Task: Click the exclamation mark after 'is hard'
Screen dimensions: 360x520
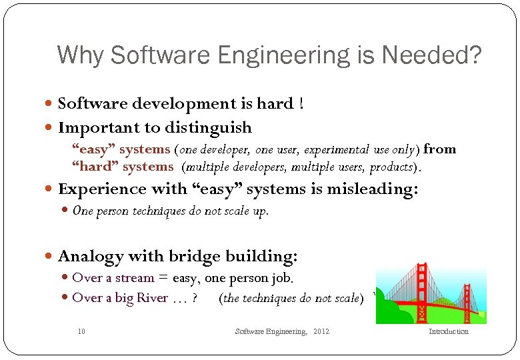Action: (302, 103)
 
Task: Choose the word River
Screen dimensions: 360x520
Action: (152, 298)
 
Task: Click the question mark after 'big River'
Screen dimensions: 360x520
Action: (194, 298)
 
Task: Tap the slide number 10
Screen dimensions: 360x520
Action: (81, 331)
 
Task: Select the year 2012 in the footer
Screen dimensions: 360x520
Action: (321, 331)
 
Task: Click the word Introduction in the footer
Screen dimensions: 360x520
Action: (448, 331)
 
